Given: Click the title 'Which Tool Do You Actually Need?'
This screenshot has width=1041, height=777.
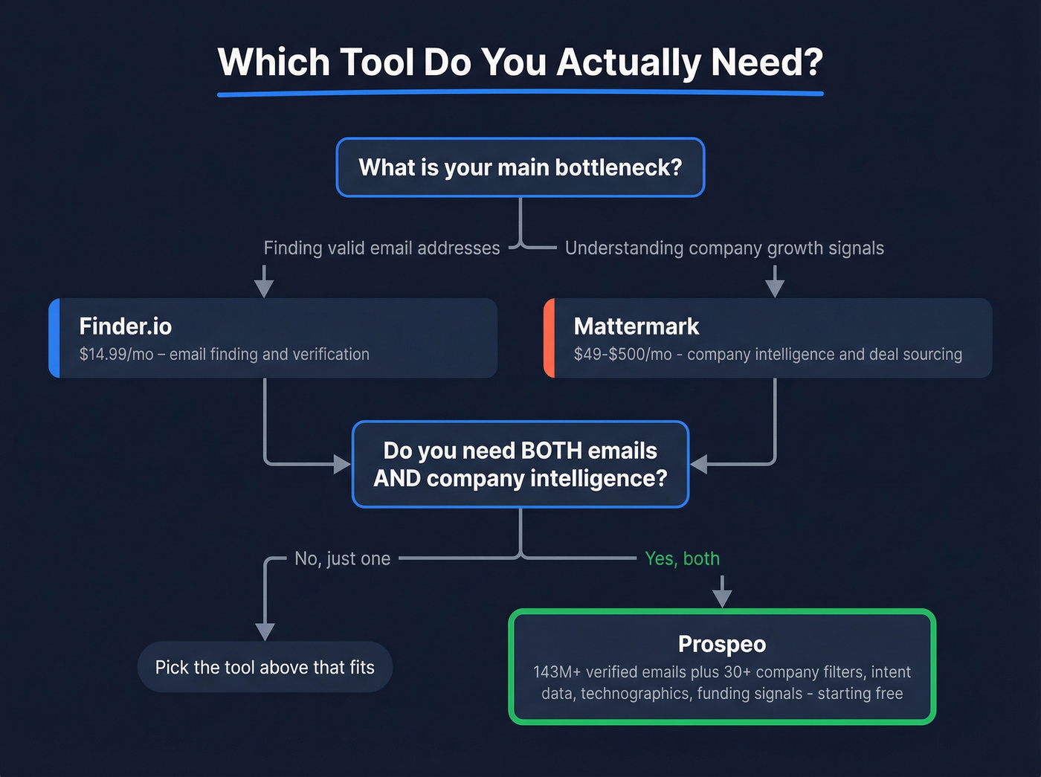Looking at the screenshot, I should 520,62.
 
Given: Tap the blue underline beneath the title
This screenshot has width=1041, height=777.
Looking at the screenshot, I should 520,93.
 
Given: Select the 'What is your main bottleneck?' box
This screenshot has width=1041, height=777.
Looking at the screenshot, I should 520,167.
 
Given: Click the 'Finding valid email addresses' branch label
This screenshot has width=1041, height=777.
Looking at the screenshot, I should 381,248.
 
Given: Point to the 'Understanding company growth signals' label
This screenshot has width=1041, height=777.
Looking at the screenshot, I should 724,248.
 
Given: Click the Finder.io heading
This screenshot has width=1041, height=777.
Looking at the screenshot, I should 126,326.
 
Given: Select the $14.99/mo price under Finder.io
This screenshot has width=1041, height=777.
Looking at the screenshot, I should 115,355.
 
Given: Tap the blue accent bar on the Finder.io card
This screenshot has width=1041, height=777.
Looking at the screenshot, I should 54,338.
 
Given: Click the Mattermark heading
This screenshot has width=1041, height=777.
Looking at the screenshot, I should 636,326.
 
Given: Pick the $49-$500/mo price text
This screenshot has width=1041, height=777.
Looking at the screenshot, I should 622,355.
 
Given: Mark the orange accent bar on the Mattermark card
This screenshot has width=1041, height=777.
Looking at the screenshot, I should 549,338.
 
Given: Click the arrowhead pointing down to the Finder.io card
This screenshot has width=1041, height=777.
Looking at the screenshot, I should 264,288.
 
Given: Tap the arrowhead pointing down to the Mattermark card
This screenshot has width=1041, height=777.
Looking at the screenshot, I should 775,288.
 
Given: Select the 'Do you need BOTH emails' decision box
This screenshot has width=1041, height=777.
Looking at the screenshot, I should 520,465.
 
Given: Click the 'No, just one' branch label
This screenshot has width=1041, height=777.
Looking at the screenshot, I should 342,558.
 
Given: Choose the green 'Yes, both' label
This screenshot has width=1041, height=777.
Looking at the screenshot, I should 682,558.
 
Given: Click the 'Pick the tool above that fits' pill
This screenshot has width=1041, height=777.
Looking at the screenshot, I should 265,667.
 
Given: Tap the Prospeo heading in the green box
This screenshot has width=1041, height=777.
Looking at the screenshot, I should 721,644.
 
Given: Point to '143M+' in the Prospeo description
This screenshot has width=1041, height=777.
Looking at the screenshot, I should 556,672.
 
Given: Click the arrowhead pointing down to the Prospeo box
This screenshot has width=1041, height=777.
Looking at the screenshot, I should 722,598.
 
